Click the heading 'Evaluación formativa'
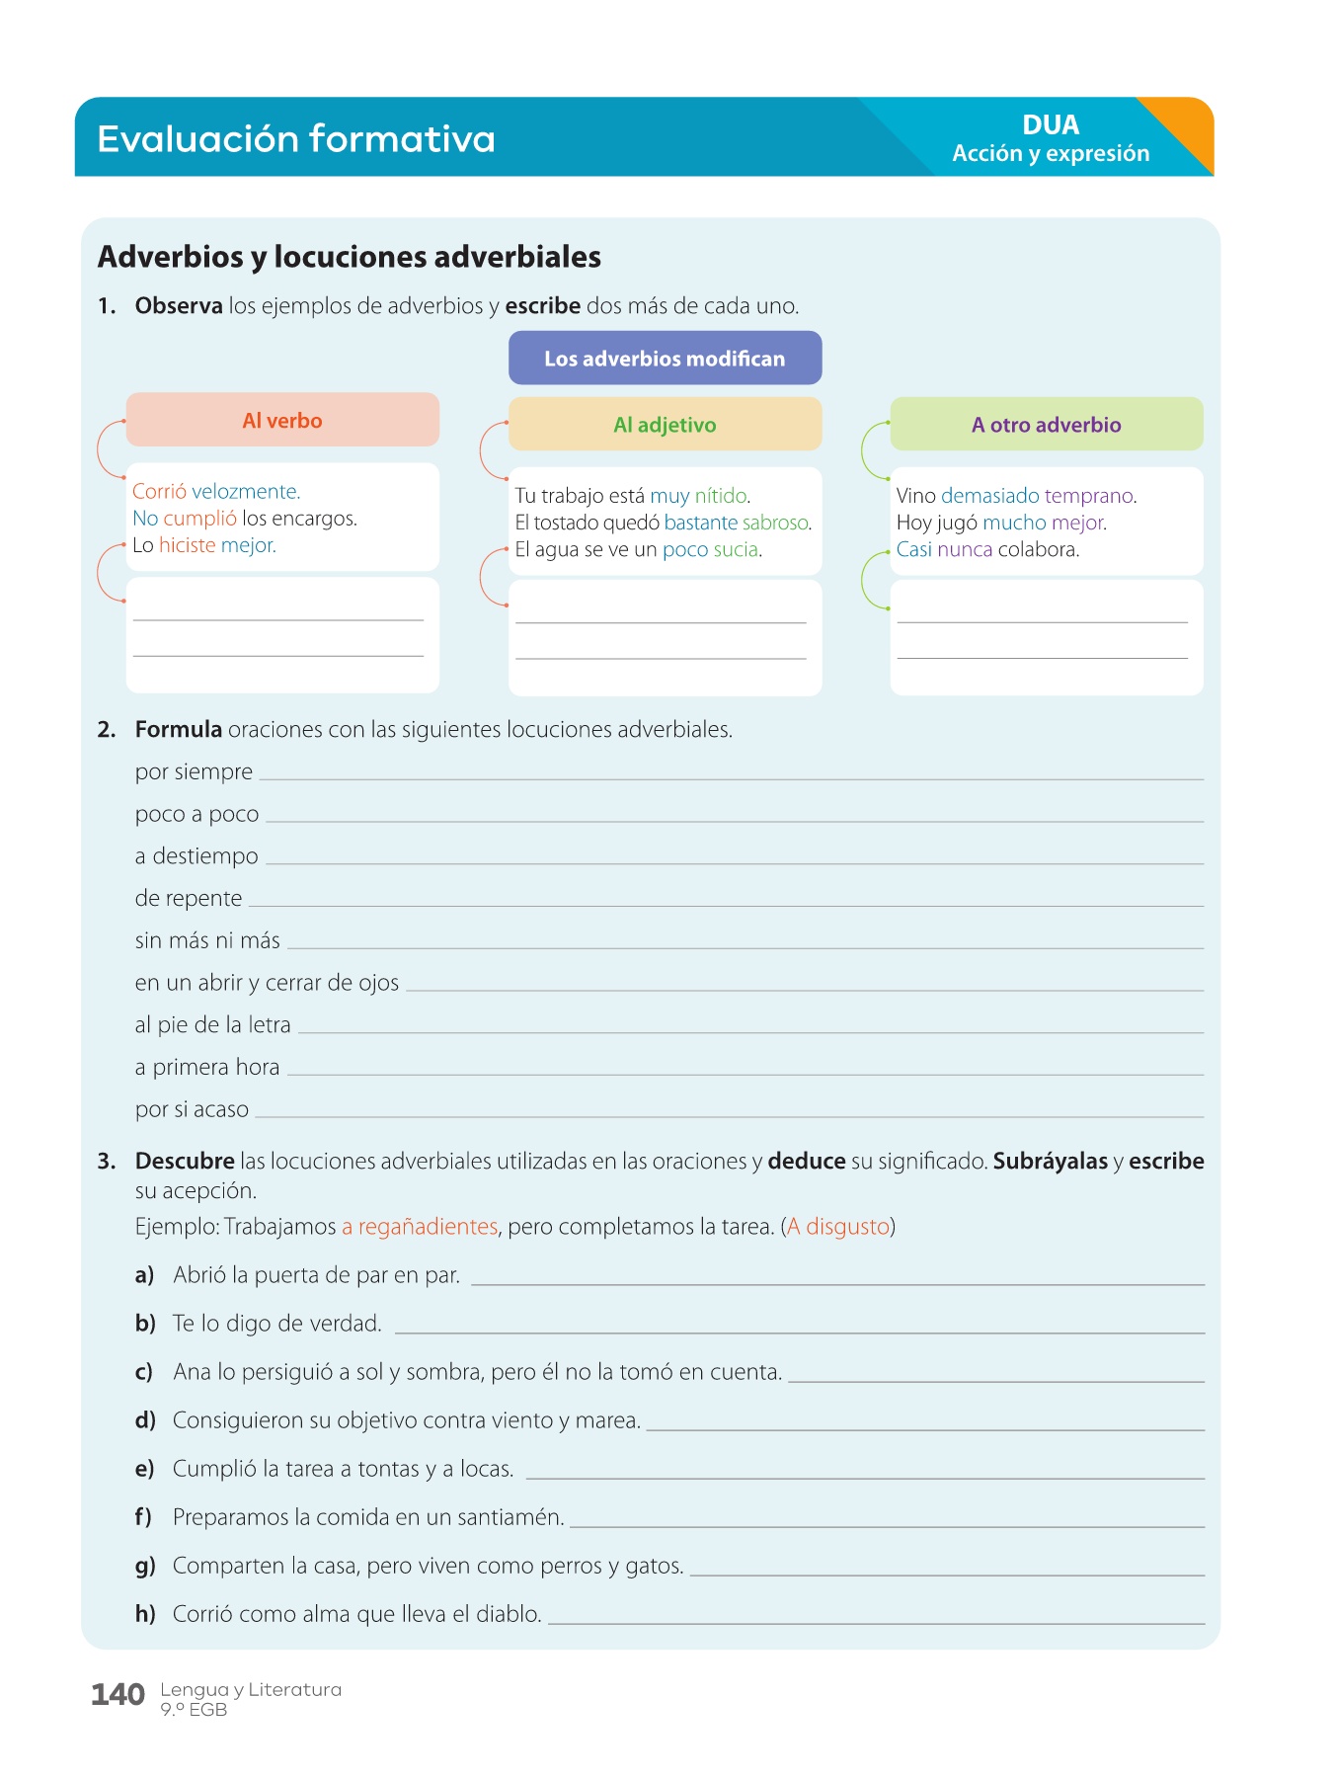(x=296, y=139)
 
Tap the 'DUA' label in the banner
(x=1051, y=125)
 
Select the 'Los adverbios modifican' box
(x=665, y=359)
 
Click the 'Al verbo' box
(x=282, y=421)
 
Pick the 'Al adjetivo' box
(x=665, y=425)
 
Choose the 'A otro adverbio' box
(x=1046, y=425)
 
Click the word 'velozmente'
(x=245, y=492)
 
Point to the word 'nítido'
(x=721, y=496)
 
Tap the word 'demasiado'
(x=989, y=496)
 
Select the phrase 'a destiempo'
(x=196, y=856)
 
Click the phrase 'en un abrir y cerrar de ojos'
(x=267, y=983)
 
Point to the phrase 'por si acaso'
(x=192, y=1109)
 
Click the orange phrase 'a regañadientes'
(x=420, y=1227)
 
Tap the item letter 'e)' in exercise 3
(x=144, y=1469)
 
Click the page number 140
(x=118, y=1695)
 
